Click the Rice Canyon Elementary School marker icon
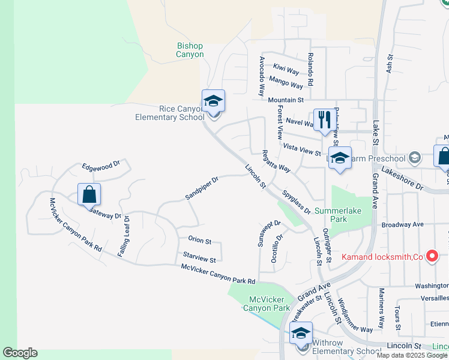tap(213, 101)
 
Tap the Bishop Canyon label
tap(190, 50)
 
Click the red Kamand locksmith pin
tap(432, 257)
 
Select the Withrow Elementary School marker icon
tap(301, 334)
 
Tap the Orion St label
tap(200, 241)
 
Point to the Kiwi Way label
tap(286, 70)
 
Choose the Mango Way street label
tap(286, 82)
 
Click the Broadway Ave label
tap(403, 224)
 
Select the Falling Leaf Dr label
tap(124, 236)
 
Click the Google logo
tap(20, 353)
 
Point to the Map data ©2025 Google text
tap(411, 355)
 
